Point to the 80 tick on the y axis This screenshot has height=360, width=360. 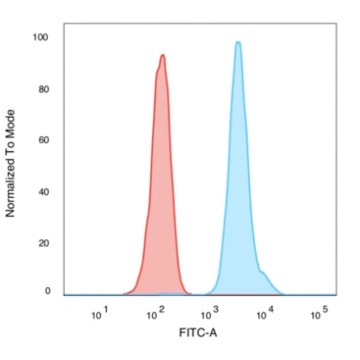click(44, 89)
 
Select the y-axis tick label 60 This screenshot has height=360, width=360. click(44, 140)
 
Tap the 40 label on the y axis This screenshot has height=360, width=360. click(44, 192)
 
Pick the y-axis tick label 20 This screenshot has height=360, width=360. click(44, 244)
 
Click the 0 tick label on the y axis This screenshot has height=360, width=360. click(47, 291)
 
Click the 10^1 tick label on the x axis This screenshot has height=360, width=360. click(100, 314)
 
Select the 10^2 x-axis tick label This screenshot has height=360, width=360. click(156, 314)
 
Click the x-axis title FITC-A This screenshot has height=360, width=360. click(198, 333)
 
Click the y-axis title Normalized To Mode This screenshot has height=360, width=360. click(10, 164)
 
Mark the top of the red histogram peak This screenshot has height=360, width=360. click(163, 55)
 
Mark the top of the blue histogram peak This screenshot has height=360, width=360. click(238, 42)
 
